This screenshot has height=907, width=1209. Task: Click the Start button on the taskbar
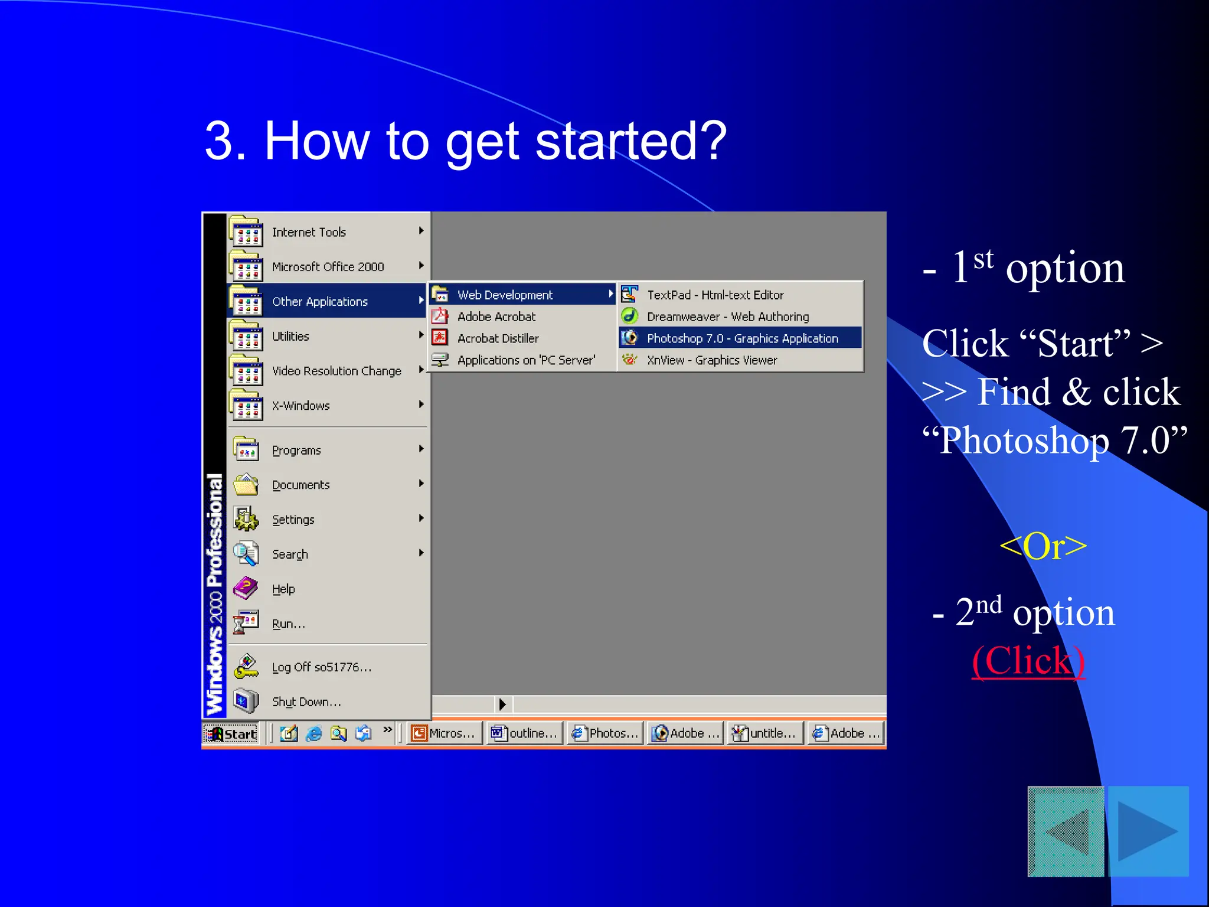(x=231, y=733)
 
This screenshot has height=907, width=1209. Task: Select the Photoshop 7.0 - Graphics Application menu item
(x=741, y=338)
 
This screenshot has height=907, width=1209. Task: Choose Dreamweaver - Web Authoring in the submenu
(x=727, y=317)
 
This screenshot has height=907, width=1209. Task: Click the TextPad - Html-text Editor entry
(x=715, y=295)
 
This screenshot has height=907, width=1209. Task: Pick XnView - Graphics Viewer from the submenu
(x=711, y=360)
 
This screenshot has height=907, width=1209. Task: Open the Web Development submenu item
(x=505, y=295)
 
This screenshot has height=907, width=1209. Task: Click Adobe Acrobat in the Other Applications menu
(x=496, y=317)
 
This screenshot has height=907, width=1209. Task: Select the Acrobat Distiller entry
(x=498, y=338)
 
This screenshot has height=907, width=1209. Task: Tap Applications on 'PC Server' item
(x=525, y=360)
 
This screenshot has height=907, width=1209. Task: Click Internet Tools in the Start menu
(x=309, y=232)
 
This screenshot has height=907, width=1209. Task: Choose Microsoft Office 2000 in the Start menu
(x=328, y=267)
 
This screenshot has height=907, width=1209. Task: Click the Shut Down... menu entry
(x=306, y=702)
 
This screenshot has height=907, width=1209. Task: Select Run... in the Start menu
(x=288, y=624)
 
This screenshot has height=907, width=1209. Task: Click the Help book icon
(x=246, y=588)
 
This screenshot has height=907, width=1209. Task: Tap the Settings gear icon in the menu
(x=246, y=519)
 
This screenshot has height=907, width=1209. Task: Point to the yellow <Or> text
(x=1043, y=546)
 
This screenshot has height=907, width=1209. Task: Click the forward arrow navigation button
(x=1148, y=831)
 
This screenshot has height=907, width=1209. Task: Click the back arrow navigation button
(x=1066, y=831)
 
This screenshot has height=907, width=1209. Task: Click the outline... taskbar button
(x=524, y=733)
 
